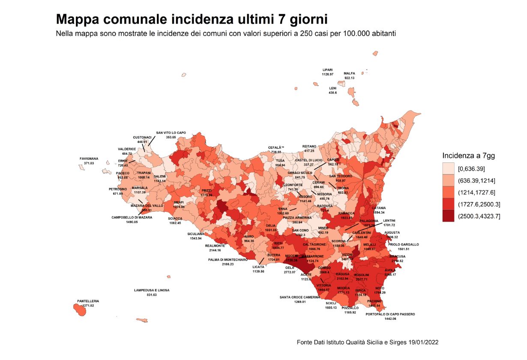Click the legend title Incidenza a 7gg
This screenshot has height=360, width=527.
[468, 156]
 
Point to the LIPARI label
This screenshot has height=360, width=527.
[327, 70]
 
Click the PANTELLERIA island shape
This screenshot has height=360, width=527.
[79, 310]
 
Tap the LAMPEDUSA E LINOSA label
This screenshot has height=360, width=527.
[151, 290]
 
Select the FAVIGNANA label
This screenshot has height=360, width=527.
[89, 159]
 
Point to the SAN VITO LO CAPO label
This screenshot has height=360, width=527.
[171, 133]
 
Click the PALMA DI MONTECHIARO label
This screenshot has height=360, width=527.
[228, 260]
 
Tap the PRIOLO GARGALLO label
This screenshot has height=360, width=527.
[404, 244]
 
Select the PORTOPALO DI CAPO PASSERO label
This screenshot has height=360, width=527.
[390, 314]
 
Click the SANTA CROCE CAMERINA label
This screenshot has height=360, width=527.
[300, 297]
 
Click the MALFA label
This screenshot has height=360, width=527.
[349, 73]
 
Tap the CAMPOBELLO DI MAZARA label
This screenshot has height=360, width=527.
[132, 217]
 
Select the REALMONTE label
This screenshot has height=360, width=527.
[215, 246]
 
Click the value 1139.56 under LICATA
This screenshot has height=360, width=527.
[258, 271]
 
